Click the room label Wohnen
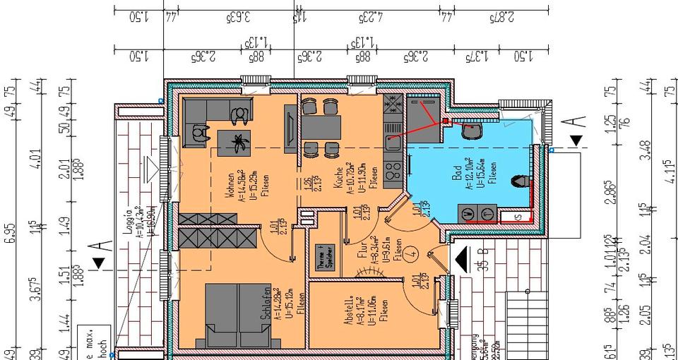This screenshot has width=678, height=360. (231, 185)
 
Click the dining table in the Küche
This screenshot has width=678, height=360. (321, 128)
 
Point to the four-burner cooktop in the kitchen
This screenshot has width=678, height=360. (393, 170)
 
